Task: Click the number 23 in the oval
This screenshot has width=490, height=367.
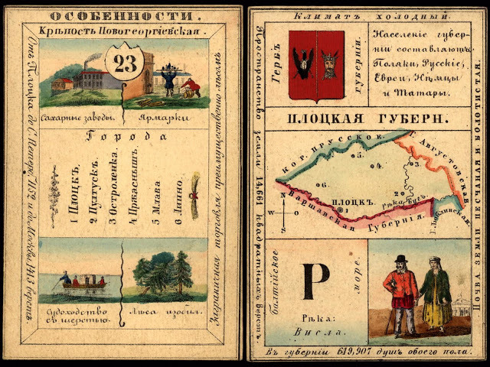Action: (x=122, y=64)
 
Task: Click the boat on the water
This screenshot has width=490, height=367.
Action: (x=80, y=283)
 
